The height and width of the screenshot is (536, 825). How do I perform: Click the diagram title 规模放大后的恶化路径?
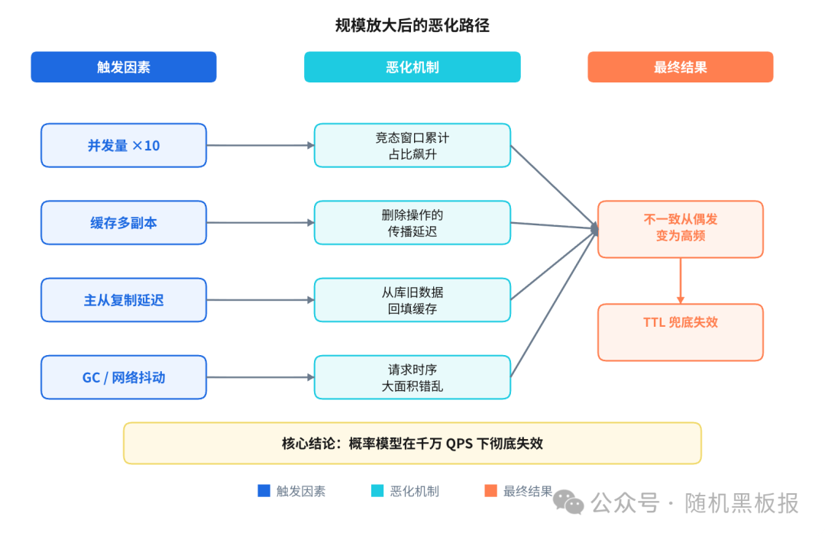412,25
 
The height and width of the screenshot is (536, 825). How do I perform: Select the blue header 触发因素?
124,67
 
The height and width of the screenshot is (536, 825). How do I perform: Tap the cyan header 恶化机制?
412,67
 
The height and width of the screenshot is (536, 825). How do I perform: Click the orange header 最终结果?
680,67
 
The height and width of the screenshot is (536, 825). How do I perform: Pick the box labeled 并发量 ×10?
124,145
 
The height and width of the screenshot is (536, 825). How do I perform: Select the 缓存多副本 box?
124,223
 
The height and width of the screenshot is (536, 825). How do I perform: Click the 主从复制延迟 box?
124,300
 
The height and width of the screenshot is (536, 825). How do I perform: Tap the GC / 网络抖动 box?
124,377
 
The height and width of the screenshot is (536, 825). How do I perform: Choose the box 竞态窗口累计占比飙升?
412,145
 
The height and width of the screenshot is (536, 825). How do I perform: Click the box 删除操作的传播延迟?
412,223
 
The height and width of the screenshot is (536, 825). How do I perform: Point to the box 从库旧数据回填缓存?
412,300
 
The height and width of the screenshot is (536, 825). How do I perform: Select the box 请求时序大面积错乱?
412,377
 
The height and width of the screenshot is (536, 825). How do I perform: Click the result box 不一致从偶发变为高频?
680,228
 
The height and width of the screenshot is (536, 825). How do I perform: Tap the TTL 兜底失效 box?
680,331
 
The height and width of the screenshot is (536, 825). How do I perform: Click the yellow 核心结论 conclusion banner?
412,443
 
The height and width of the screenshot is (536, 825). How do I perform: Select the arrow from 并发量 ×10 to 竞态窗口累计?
260,145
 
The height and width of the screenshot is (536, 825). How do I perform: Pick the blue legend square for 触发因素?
264,491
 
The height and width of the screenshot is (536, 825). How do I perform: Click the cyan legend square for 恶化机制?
377,491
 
